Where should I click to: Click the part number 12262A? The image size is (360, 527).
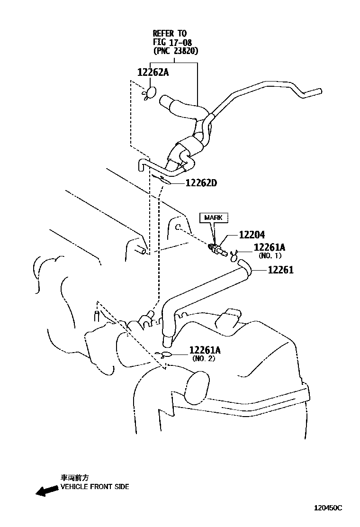coord(153,73)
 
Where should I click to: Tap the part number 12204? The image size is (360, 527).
coord(252,235)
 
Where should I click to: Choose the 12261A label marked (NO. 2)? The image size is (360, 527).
coord(205,350)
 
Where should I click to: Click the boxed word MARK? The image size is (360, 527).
coord(213,218)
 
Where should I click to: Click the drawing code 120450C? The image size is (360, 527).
coord(328,508)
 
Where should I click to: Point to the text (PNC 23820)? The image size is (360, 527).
coord(175,50)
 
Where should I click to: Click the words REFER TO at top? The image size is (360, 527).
coord(170,33)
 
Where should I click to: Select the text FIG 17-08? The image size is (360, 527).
coord(172,42)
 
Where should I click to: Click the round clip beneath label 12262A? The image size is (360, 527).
coord(152,92)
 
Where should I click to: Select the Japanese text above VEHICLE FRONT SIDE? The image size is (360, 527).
coord(74,478)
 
